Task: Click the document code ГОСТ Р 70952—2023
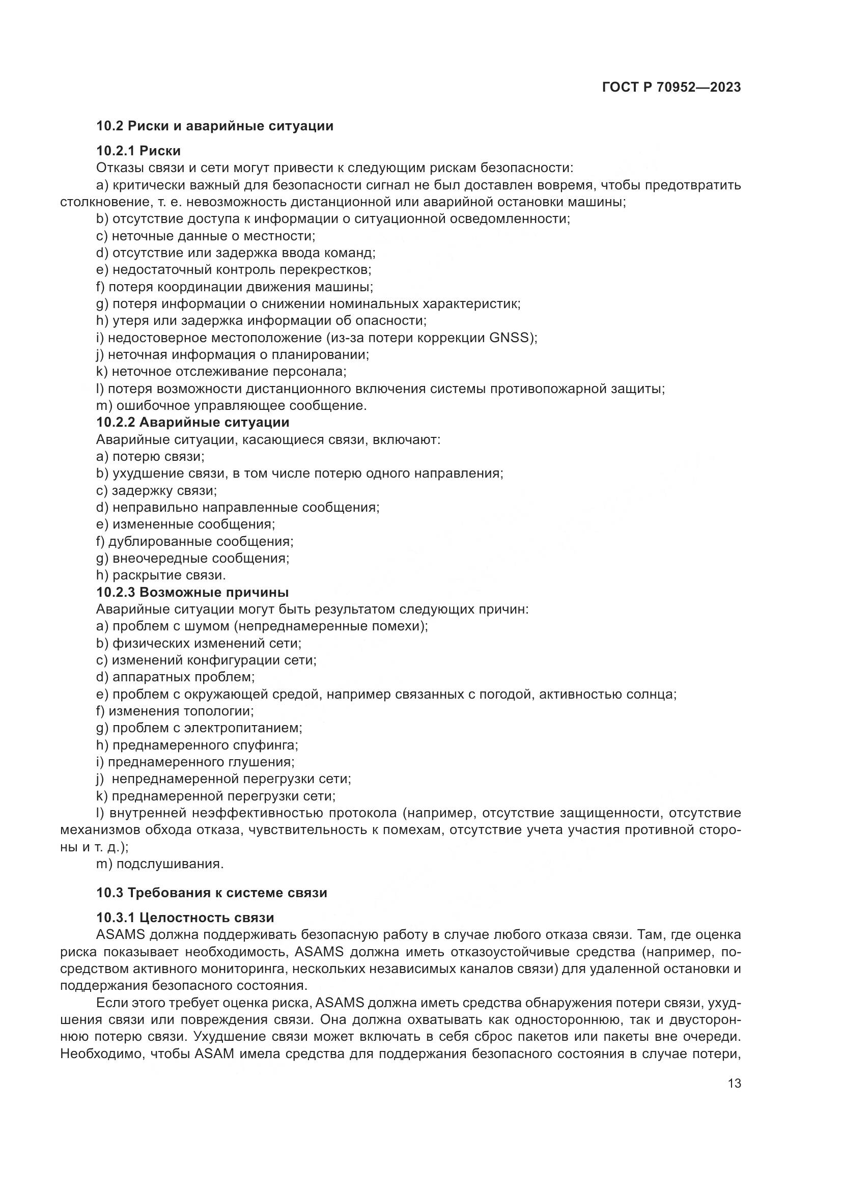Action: [x=671, y=88]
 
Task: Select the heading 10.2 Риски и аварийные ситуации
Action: [x=215, y=126]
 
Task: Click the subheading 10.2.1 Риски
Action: [x=138, y=151]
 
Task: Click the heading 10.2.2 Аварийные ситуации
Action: [x=193, y=422]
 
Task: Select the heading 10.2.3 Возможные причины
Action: [x=192, y=592]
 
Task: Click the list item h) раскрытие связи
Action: [x=161, y=575]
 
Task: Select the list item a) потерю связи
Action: [x=150, y=456]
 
